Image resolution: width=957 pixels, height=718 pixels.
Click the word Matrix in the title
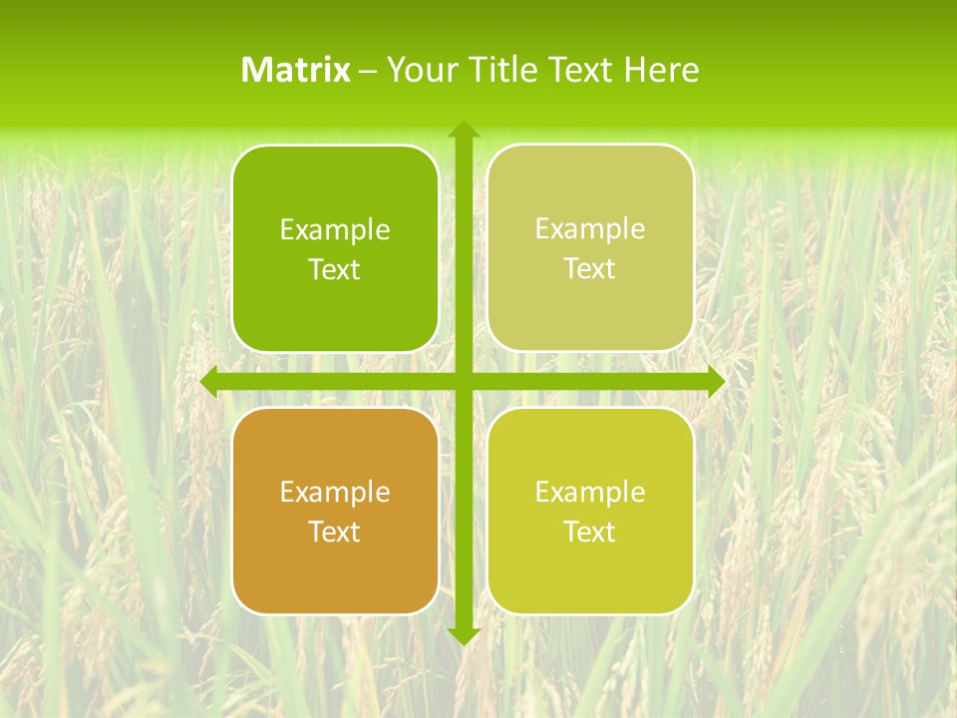295,70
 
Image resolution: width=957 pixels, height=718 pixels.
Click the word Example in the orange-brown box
335,492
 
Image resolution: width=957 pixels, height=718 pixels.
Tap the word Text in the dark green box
335,270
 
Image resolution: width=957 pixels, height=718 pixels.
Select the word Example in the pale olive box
590,228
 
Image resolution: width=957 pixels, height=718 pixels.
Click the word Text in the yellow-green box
590,532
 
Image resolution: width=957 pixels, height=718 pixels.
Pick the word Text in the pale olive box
590,269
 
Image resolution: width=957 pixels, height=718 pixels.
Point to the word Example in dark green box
335,229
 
